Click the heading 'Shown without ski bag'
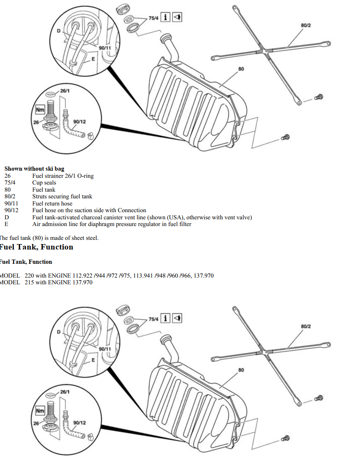coord(34,169)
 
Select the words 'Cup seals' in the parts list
coord(44,182)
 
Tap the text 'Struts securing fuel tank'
coord(62,197)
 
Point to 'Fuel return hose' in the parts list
coord(52,204)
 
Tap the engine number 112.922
coord(83,276)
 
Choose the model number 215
coord(29,283)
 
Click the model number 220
coord(29,276)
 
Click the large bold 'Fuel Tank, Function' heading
coord(37,247)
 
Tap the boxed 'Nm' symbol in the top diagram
coord(40,110)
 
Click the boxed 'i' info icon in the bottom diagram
coord(166,318)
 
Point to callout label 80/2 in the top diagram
coord(306,26)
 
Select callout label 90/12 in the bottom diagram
coord(80,423)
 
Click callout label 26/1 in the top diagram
coord(65,91)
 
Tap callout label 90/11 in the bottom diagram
coord(105,349)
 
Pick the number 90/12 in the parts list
coord(11,211)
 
